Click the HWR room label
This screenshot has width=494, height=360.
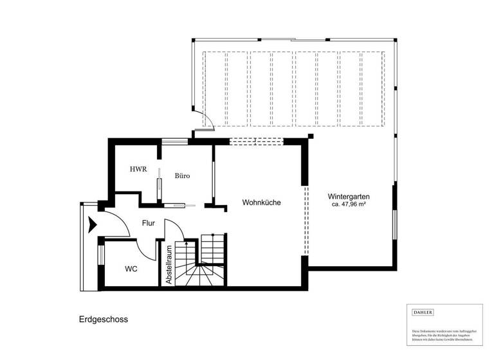pyautogui.click(x=138, y=170)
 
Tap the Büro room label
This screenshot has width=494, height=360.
pyautogui.click(x=182, y=175)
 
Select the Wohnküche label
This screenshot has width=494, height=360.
pyautogui.click(x=262, y=203)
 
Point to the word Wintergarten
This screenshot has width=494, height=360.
pyautogui.click(x=352, y=196)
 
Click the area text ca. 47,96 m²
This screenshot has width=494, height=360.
pyautogui.click(x=353, y=204)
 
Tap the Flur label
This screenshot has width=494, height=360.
pyautogui.click(x=149, y=224)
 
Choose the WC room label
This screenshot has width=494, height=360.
pyautogui.click(x=131, y=268)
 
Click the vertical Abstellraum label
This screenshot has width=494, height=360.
pyautogui.click(x=169, y=265)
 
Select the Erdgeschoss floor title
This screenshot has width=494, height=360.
pyautogui.click(x=103, y=319)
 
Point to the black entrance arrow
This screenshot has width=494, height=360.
pyautogui.click(x=93, y=224)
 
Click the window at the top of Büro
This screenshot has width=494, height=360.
pyautogui.click(x=171, y=141)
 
